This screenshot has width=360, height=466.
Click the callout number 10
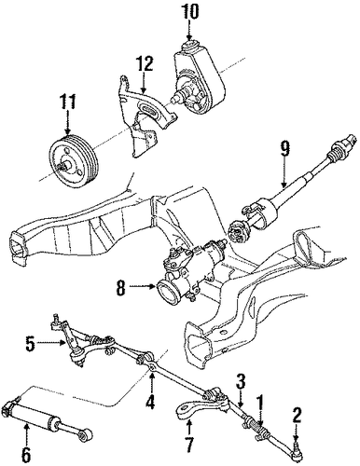pos(189,14)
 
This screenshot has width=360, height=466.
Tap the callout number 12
pos(145,65)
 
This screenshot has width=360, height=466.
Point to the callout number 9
pos(284,150)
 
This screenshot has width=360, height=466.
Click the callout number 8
pos(120,288)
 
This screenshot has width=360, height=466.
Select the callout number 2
pos(297,418)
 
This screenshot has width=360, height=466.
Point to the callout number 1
pos(259,404)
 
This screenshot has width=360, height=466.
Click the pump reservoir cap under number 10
pos(189,46)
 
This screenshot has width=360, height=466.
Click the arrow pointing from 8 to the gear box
pos(142,287)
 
